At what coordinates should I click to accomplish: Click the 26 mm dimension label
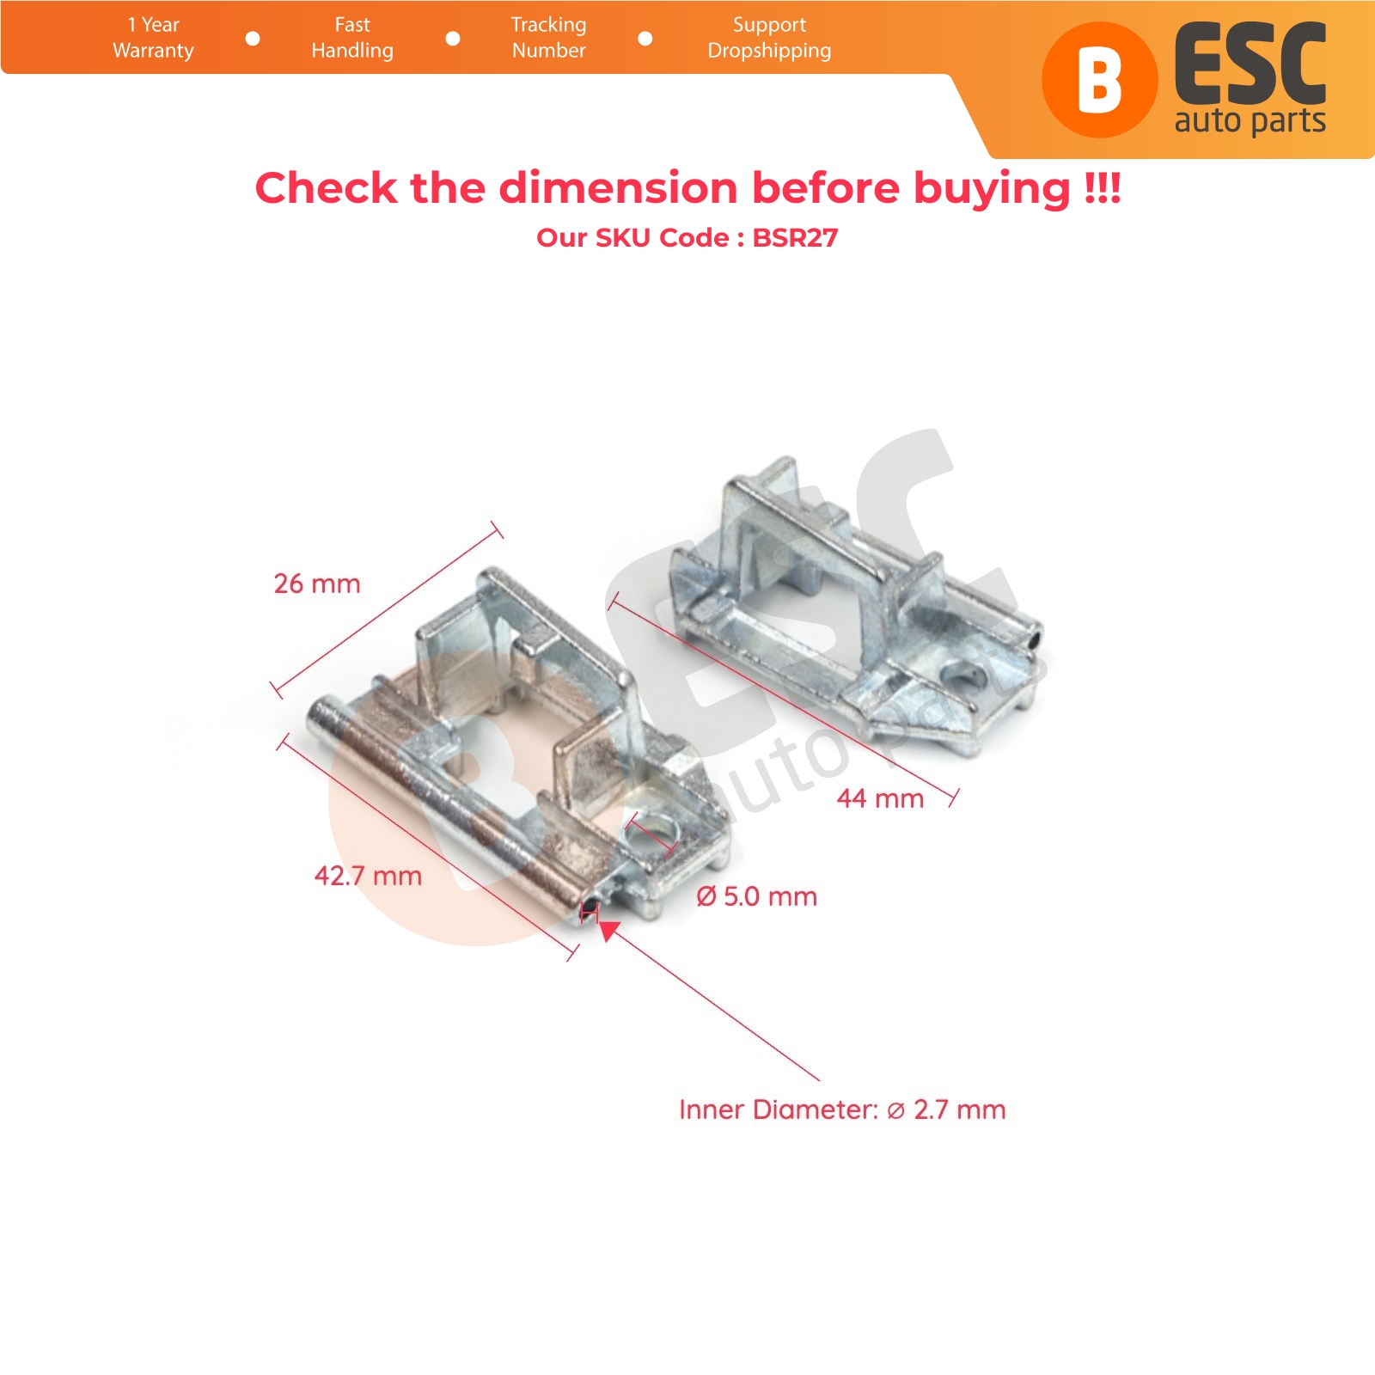(x=317, y=584)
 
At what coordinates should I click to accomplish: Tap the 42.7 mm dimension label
(x=368, y=876)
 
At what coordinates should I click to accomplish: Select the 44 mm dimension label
(x=880, y=798)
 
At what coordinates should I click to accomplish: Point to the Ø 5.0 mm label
(x=756, y=896)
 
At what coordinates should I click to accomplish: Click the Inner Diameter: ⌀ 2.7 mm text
(x=842, y=1109)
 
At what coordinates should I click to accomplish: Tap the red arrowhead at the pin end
(x=608, y=931)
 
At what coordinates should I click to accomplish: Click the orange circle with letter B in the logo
(x=1099, y=80)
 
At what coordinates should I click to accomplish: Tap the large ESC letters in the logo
(x=1250, y=64)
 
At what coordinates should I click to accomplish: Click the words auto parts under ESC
(x=1250, y=121)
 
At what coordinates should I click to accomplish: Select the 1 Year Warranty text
(x=153, y=38)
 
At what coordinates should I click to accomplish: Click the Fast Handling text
(x=352, y=38)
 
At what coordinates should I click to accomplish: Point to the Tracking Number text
(x=548, y=38)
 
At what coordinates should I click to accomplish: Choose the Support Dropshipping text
(x=769, y=38)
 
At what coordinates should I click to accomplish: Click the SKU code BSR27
(x=795, y=237)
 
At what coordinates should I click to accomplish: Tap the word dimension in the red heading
(x=618, y=187)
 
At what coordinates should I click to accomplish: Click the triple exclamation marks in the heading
(x=1103, y=186)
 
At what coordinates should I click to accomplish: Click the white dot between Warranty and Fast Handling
(x=253, y=39)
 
